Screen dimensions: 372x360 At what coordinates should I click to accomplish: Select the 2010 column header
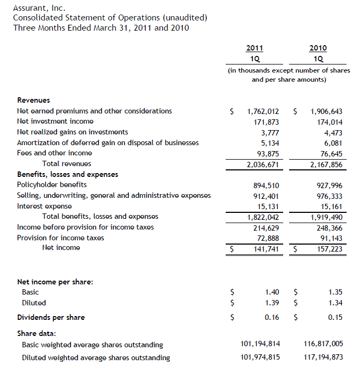318,48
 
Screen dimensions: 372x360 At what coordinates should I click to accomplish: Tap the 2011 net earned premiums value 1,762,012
263,111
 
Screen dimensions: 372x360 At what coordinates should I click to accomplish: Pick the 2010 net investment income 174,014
326,122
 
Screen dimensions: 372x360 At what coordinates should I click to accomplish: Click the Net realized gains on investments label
73,132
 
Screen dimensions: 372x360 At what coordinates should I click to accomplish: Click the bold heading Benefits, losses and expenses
68,174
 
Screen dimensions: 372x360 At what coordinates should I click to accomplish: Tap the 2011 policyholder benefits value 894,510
266,185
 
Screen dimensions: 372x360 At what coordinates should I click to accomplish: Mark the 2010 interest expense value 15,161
330,206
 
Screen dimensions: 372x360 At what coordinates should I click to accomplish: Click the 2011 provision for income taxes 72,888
268,238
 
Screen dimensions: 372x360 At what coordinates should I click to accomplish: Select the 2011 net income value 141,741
266,248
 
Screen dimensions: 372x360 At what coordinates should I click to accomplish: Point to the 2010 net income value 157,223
329,248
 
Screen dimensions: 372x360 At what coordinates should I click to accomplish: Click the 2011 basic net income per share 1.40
272,292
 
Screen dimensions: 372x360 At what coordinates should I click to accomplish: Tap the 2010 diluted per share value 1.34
335,303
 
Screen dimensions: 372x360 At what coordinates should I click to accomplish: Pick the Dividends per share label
51,317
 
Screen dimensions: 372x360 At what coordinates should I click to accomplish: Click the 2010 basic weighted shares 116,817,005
321,344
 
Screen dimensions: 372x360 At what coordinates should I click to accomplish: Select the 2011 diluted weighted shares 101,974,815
260,357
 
